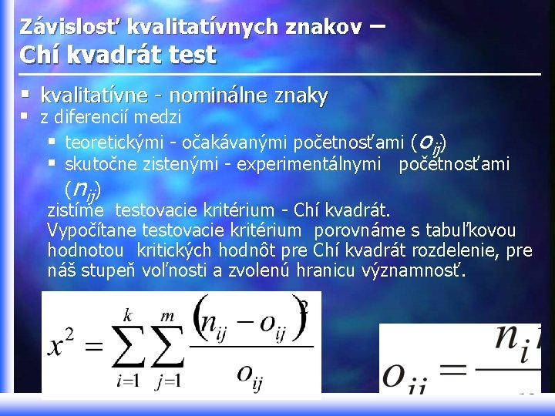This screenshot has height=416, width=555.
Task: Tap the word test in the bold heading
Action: (x=195, y=55)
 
